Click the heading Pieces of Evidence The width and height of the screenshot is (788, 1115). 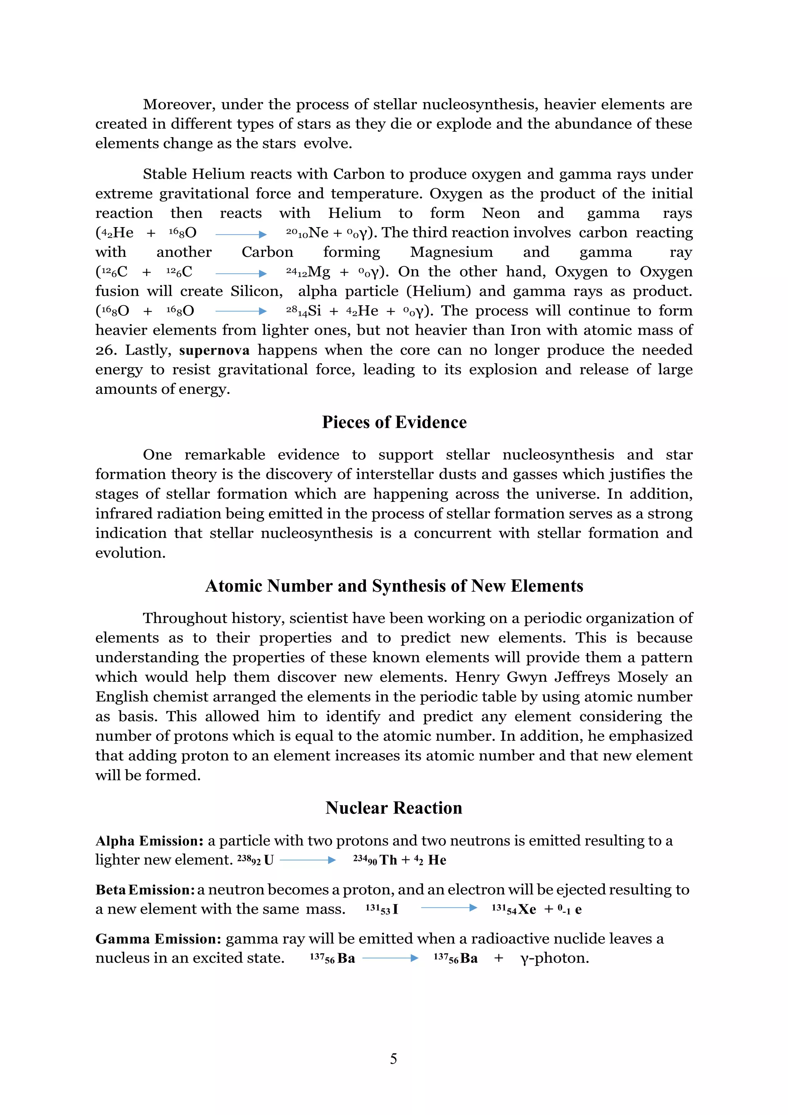[x=394, y=422]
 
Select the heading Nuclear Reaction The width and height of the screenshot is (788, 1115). [x=394, y=808]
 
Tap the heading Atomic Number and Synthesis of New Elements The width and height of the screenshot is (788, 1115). [x=394, y=586]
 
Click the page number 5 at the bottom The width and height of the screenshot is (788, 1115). [x=394, y=1059]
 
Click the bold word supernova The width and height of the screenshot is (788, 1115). [x=214, y=350]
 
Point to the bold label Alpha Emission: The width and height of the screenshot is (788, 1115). [x=149, y=840]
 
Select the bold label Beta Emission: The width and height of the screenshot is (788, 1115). [x=145, y=890]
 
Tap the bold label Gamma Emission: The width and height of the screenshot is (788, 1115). [x=158, y=939]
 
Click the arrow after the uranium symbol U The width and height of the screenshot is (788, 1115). [x=308, y=860]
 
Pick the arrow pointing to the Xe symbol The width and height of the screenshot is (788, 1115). [x=449, y=907]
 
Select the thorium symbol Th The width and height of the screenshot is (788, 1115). [x=388, y=861]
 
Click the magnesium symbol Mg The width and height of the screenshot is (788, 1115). [x=319, y=272]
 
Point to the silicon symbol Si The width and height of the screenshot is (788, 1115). [x=314, y=311]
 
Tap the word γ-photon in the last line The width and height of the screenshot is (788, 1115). [x=554, y=958]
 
